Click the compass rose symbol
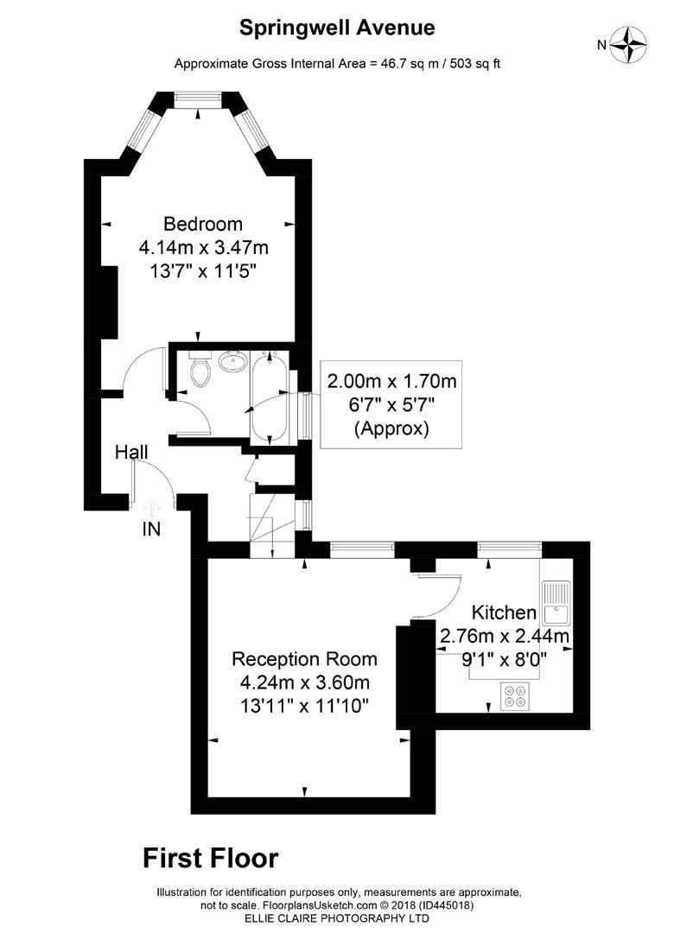point(629,44)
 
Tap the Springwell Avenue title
point(337,29)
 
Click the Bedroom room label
point(203,225)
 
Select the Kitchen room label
point(504,612)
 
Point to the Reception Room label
point(304,659)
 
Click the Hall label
point(132,452)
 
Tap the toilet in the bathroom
point(200,371)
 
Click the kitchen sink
point(555,601)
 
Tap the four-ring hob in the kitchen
point(516,695)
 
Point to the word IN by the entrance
point(151,530)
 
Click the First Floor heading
point(211,858)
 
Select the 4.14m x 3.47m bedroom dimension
point(203,248)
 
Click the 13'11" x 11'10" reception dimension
point(304,706)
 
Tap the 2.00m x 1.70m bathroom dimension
point(391,381)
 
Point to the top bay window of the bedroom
point(199,101)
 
